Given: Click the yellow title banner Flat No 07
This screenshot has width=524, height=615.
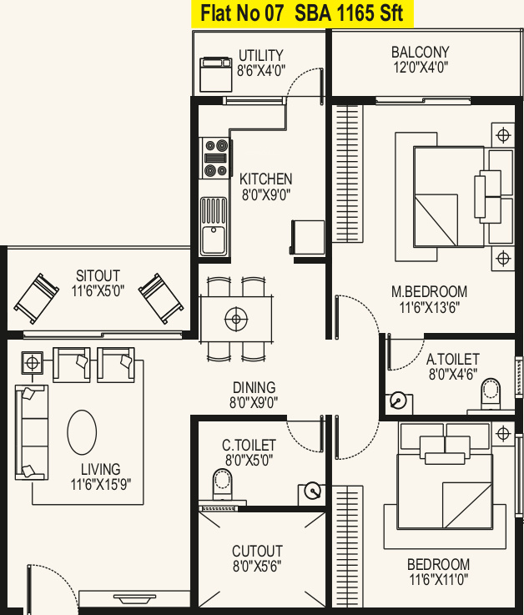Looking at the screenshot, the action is tap(302, 13).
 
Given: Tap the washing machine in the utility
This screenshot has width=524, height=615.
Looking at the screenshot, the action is tap(216, 74).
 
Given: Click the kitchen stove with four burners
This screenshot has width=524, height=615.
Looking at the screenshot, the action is tap(214, 158).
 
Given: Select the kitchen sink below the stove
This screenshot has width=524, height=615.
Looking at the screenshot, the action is tap(214, 226).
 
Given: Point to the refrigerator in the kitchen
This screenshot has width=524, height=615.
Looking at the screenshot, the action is tap(308, 237).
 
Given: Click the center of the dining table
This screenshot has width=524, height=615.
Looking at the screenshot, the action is tap(236, 319).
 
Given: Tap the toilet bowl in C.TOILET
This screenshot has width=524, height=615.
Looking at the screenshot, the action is tap(223, 485).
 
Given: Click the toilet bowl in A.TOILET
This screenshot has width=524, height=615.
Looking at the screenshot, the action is tap(491, 394).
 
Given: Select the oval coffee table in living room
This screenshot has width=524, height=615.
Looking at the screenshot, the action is tap(82, 432).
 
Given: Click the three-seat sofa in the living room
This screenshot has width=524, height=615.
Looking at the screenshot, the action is tap(32, 432).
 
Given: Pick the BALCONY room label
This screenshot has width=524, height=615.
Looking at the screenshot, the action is tap(420, 53).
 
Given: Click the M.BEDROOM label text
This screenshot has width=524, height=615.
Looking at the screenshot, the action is tap(429, 292).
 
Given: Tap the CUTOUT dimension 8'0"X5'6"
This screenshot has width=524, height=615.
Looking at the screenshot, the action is tap(257, 567).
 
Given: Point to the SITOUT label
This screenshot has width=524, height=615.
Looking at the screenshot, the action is tap(98, 275).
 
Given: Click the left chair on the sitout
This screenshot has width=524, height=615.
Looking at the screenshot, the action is tap(37, 298).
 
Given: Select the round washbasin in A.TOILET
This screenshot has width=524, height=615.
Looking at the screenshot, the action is tap(398, 401).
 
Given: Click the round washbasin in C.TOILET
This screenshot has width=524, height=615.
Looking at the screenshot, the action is tap(313, 491).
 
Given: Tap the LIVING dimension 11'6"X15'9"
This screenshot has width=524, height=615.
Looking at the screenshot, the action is tap(101, 485).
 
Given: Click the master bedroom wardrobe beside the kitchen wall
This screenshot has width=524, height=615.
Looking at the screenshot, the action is tap(347, 174).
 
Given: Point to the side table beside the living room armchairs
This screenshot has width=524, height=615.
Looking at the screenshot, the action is tap(33, 363).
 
